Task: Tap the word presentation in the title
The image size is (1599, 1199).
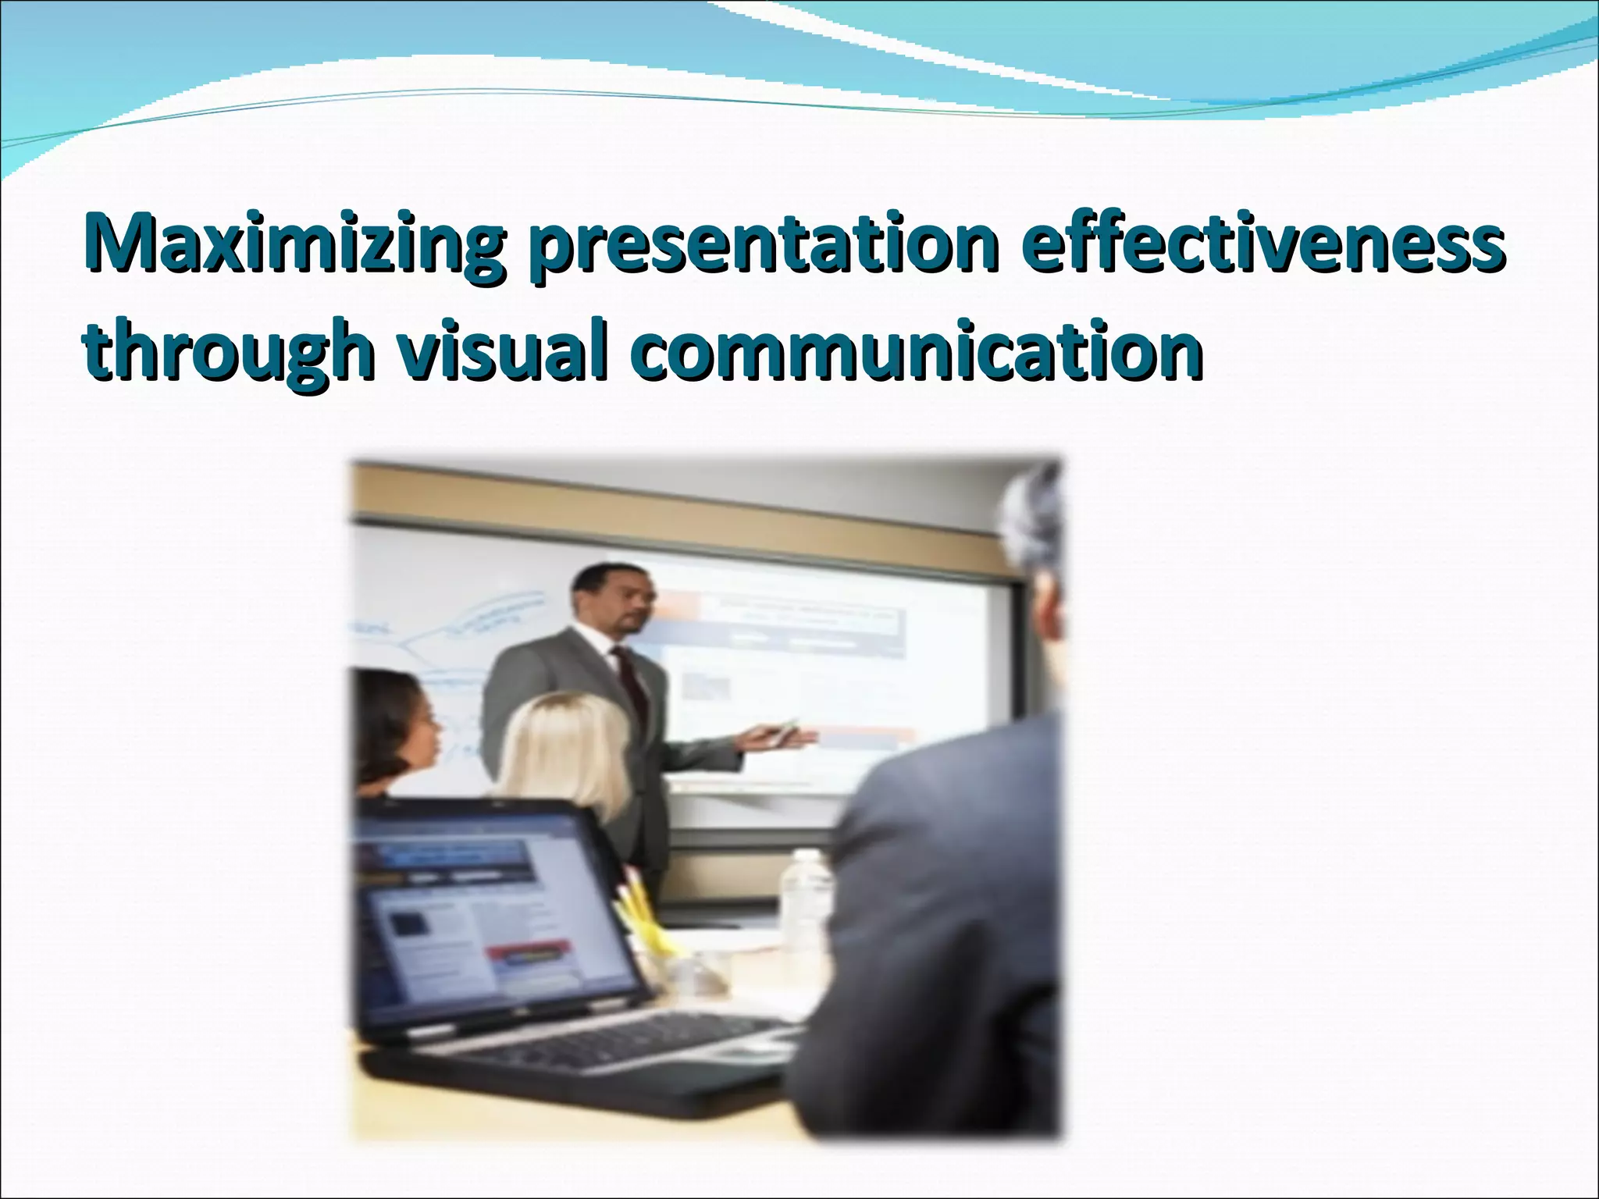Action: [x=762, y=244]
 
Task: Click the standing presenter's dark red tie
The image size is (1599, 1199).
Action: [x=629, y=688]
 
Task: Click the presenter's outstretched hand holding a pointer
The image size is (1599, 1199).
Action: [x=773, y=735]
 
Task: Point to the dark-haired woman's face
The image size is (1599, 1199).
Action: [x=414, y=734]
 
